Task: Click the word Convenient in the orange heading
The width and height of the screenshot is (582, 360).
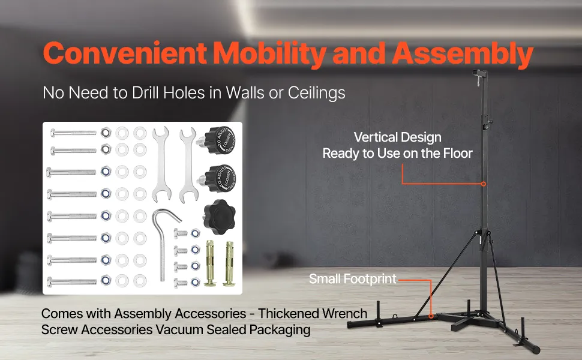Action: tap(125, 53)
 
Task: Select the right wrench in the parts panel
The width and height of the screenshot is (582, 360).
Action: tap(188, 165)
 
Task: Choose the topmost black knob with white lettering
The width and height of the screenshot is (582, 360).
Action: tap(218, 140)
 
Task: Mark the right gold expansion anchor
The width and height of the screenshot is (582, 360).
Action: tap(229, 263)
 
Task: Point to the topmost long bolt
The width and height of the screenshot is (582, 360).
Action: tap(73, 132)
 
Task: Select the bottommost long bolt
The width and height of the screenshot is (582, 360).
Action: tap(72, 283)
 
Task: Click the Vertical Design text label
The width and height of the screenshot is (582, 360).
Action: tap(398, 137)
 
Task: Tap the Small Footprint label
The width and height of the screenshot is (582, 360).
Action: tap(353, 279)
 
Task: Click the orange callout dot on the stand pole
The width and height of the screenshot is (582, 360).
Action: tap(483, 184)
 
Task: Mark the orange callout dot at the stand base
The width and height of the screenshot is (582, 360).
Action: tap(431, 316)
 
